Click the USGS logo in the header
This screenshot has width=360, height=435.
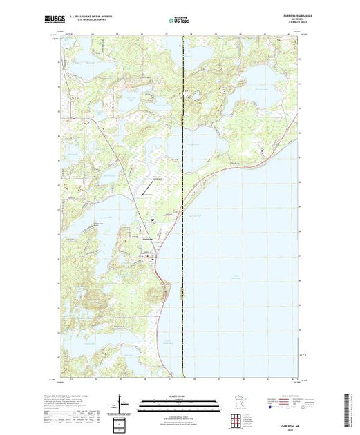click(x=66, y=19)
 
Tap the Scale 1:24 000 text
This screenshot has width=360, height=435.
click(x=180, y=396)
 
